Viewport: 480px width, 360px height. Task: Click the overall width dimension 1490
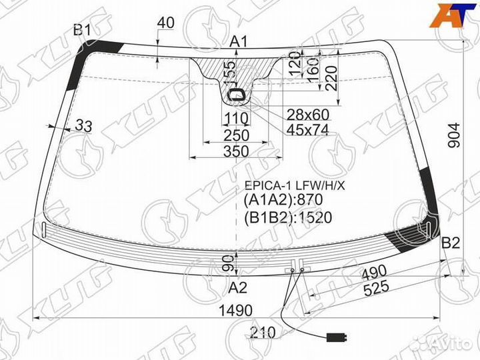click(236, 311)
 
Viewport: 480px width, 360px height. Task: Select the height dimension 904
click(454, 135)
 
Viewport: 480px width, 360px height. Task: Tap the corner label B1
click(83, 30)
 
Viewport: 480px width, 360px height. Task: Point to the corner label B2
click(451, 243)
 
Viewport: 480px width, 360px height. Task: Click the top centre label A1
click(239, 41)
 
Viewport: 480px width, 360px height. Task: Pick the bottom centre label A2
click(238, 287)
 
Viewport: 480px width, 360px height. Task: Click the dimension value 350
click(236, 151)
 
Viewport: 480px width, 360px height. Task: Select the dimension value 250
click(236, 135)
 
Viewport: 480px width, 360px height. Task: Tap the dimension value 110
click(236, 118)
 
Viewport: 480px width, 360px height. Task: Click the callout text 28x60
click(307, 115)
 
